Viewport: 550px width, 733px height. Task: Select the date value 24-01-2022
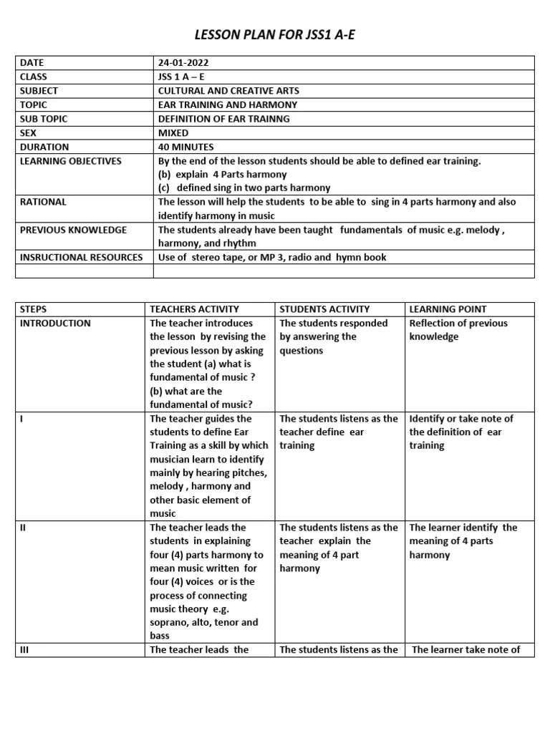pyautogui.click(x=183, y=63)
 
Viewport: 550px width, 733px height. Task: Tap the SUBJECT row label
pyautogui.click(x=39, y=91)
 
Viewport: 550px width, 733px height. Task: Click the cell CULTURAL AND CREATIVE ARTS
pyautogui.click(x=228, y=91)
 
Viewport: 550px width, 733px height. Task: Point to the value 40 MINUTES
pyautogui.click(x=185, y=147)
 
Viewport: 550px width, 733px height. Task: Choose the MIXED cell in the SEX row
pyautogui.click(x=173, y=133)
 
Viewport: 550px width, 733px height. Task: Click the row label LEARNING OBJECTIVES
pyautogui.click(x=71, y=161)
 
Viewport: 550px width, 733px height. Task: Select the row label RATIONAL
pyautogui.click(x=43, y=202)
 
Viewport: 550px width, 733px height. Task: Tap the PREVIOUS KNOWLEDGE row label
pyautogui.click(x=73, y=230)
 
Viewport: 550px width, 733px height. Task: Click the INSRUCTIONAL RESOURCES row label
pyautogui.click(x=81, y=257)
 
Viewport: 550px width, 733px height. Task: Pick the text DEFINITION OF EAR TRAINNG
pyautogui.click(x=223, y=119)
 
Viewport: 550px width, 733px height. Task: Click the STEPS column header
pyautogui.click(x=33, y=309)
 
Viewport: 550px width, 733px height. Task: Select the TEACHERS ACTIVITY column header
pyautogui.click(x=194, y=309)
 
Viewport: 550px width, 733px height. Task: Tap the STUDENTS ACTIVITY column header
pyautogui.click(x=324, y=309)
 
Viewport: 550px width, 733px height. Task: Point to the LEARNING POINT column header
pyautogui.click(x=448, y=309)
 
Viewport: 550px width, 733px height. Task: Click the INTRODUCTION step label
pyautogui.click(x=55, y=323)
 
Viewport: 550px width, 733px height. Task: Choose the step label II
pyautogui.click(x=23, y=528)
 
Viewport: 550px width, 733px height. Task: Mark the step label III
pyautogui.click(x=24, y=650)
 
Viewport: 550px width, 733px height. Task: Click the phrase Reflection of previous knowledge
pyautogui.click(x=458, y=330)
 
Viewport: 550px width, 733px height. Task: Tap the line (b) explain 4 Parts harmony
pyautogui.click(x=222, y=175)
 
